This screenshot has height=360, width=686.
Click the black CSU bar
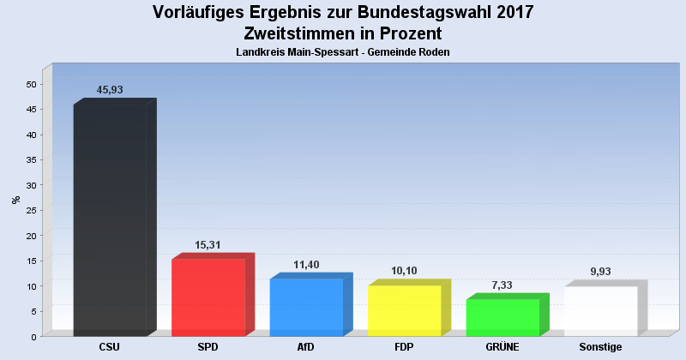point(110,220)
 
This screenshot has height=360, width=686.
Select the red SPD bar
point(208,297)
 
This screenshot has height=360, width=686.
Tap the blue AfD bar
point(306,307)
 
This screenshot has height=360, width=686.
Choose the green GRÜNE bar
point(502,317)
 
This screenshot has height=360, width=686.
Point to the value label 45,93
point(111,90)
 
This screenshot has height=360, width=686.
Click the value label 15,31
point(209,244)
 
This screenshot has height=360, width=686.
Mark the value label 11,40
point(307,264)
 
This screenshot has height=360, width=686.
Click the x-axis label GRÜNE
point(502,347)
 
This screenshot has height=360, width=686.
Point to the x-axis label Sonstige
point(601,347)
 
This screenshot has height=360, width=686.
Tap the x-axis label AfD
point(306,347)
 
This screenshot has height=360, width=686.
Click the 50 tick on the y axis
point(31,84)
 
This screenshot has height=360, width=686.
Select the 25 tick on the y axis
point(31,210)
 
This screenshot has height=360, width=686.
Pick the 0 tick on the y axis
point(33,336)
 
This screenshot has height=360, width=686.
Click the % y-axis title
point(15,200)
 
